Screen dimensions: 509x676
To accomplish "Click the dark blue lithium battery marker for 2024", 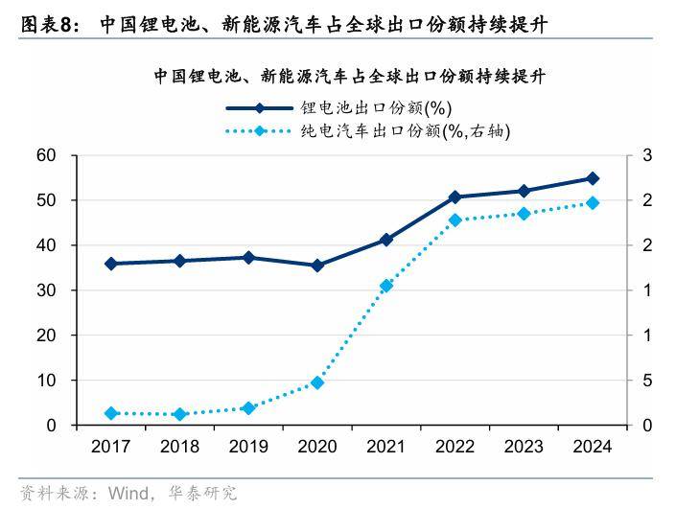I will tap(593, 178).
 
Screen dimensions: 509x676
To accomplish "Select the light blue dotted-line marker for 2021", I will tap(386, 286).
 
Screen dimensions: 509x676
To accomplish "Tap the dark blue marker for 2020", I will tap(317, 266).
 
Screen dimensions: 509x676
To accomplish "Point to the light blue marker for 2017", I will tap(111, 413).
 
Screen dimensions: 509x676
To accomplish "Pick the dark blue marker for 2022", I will tap(455, 197).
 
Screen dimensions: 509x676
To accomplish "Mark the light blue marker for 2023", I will tap(524, 214).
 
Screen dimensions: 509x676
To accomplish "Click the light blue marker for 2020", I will tap(317, 382).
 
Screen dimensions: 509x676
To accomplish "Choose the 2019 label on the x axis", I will tap(248, 447).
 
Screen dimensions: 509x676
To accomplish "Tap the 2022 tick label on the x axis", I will tap(455, 447).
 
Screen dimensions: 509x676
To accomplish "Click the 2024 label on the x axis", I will tap(592, 447).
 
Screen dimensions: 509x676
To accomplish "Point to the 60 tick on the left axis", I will tap(45, 155).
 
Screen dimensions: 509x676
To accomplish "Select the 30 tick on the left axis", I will tap(45, 290).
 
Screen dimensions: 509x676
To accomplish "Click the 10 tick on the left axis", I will tap(45, 381).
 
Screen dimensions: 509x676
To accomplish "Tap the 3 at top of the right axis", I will tap(647, 155).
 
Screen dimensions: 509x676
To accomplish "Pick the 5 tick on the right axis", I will tap(647, 381).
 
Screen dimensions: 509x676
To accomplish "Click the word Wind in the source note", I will tap(128, 495).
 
